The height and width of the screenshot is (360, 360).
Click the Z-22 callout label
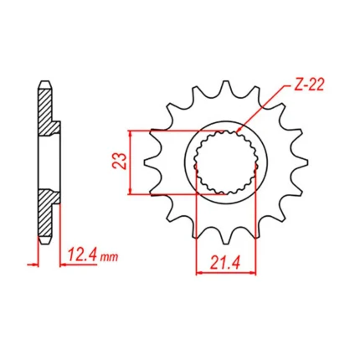[x=309, y=85]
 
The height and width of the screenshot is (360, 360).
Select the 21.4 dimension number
[x=225, y=263]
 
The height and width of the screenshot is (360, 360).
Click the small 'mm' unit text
[x=110, y=257]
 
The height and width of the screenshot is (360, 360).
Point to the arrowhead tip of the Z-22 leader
[x=237, y=131]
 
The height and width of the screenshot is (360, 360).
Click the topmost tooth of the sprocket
[x=226, y=85]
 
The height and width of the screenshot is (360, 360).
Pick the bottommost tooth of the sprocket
[x=226, y=239]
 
